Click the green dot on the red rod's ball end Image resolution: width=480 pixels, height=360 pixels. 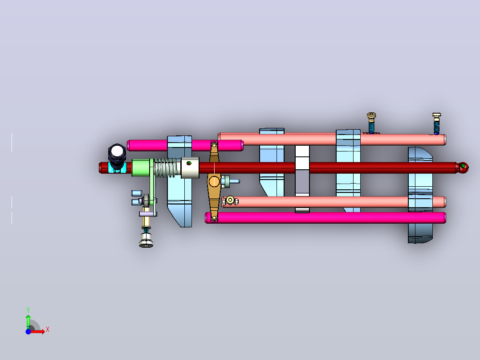pos(463,166)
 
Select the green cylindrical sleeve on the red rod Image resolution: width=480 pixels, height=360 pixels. pos(141,168)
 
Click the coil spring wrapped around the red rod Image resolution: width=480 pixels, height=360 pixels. pos(166,168)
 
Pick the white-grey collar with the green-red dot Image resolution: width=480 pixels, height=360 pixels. pos(190,168)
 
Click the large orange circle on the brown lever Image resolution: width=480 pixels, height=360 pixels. pos(214,181)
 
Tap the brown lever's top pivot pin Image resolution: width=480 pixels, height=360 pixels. pos(214,145)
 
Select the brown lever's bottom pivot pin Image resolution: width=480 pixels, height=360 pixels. pos(214,218)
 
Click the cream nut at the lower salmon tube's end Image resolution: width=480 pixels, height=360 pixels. pos(230,200)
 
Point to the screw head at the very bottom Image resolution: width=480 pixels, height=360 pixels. pos(146,242)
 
